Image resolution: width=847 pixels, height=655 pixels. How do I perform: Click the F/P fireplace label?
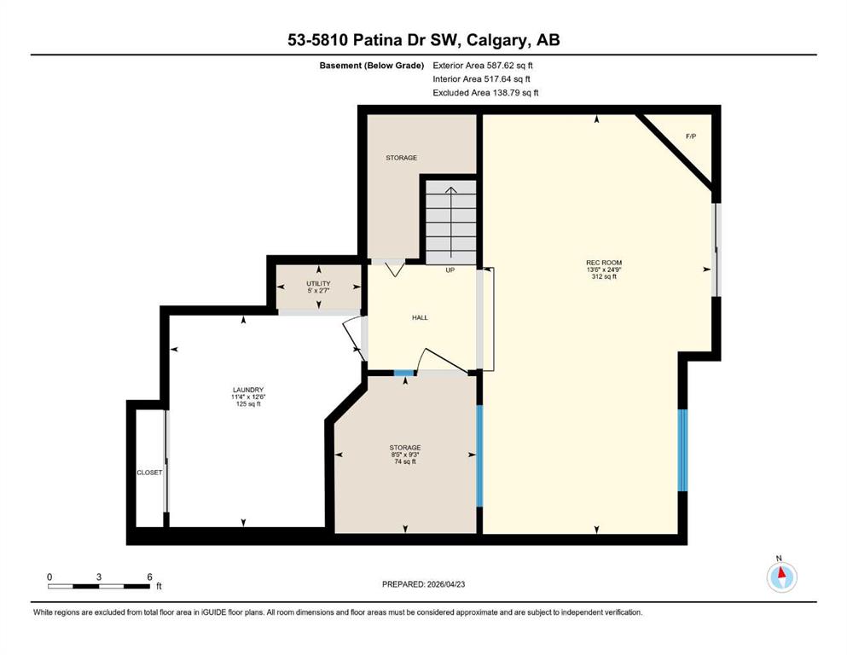click(x=690, y=136)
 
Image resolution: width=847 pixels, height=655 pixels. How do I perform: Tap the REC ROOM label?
click(x=604, y=263)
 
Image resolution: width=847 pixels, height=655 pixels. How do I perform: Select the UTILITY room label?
click(x=318, y=283)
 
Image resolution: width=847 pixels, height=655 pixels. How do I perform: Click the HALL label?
click(x=420, y=317)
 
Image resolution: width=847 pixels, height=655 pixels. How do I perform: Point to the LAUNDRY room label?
click(x=248, y=390)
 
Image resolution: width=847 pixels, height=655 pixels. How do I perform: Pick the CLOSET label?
click(x=149, y=472)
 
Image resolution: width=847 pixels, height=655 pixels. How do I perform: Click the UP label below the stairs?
click(x=450, y=270)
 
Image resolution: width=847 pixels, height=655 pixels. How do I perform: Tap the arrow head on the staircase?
click(x=450, y=190)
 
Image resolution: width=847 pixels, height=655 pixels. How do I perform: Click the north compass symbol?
click(x=781, y=577)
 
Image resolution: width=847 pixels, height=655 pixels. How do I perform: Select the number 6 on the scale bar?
click(x=149, y=577)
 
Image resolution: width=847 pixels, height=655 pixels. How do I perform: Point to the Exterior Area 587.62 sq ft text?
click(x=483, y=66)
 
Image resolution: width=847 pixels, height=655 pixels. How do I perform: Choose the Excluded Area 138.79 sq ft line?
click(x=485, y=92)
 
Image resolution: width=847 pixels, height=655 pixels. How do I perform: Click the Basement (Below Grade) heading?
click(x=372, y=66)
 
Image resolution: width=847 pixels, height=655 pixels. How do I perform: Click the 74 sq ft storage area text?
click(x=405, y=461)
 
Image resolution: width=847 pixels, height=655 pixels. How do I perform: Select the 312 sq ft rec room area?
click(x=604, y=276)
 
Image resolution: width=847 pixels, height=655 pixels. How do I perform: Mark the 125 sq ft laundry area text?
click(x=248, y=403)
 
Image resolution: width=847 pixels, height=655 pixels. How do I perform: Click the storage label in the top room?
click(x=402, y=158)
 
